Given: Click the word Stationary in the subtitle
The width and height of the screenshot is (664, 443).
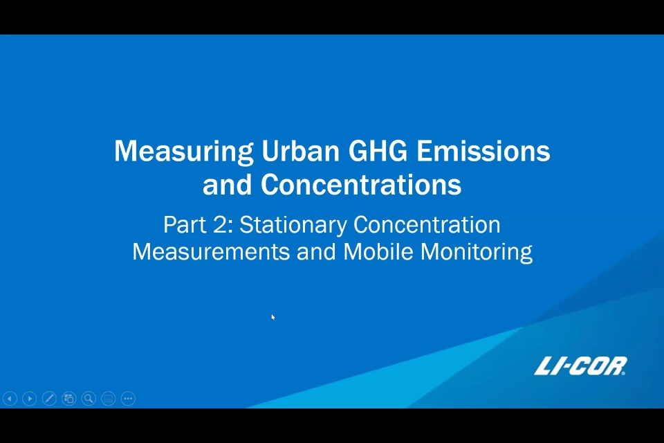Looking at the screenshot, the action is [293, 225].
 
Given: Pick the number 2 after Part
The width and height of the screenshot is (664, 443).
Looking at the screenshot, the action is [220, 224].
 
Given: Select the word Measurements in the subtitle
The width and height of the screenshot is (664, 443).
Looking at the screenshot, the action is [211, 251].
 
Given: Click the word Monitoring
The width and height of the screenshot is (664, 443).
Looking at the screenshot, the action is [477, 253].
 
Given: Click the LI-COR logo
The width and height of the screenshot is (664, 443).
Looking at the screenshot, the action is [580, 366].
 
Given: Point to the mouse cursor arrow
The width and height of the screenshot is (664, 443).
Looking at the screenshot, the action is [273, 317].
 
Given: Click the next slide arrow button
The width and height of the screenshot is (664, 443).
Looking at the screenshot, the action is [30, 399].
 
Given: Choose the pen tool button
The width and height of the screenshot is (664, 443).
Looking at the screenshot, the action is [49, 399].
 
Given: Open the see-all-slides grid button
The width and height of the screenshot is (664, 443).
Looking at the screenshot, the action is [69, 399].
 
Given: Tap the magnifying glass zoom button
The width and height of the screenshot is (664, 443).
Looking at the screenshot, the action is [89, 399].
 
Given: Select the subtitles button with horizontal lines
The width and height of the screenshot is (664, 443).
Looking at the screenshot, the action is [109, 399].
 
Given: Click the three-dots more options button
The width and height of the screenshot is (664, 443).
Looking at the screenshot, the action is [128, 399].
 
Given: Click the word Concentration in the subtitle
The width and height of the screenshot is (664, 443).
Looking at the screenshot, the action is [427, 224].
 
